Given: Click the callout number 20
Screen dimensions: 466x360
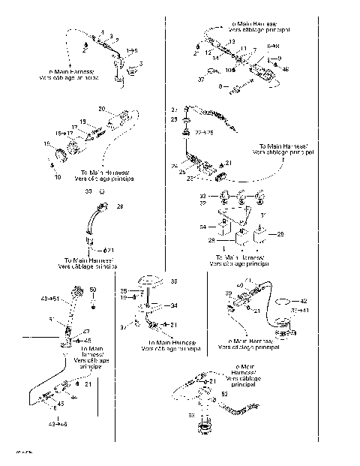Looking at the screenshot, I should (101, 109).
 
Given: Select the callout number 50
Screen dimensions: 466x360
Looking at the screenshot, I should (93, 290).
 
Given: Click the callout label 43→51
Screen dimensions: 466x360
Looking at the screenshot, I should (49, 298).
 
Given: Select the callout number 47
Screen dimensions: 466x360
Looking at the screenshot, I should (85, 331).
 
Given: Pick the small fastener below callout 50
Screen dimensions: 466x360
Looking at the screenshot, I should (93, 307).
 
